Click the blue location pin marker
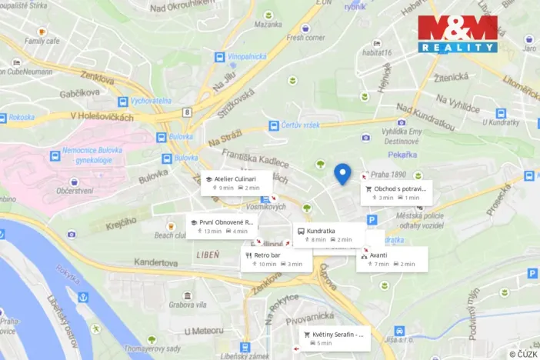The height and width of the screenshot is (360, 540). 343,174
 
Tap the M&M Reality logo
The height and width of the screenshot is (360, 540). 457,34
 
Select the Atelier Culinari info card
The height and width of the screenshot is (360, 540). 236,183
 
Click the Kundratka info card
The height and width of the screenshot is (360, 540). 328,235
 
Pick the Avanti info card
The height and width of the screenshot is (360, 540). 392,259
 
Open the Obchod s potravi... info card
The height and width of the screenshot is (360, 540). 396,192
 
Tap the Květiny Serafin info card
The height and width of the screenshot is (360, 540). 333,338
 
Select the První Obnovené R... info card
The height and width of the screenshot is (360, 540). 222,226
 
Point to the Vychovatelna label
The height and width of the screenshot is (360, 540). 152,101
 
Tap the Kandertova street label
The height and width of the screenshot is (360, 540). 157,262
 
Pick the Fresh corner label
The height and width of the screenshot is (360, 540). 305,36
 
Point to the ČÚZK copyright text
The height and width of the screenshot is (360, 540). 523,354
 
